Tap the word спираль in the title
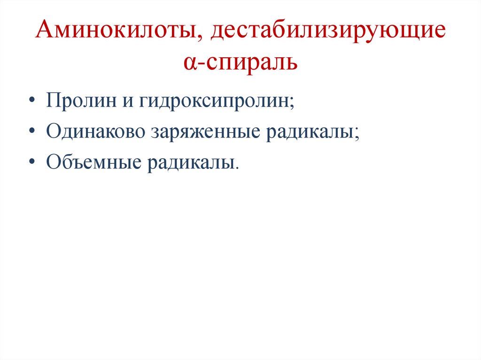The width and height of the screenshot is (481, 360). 249,62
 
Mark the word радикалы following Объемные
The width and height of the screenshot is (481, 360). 192,163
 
